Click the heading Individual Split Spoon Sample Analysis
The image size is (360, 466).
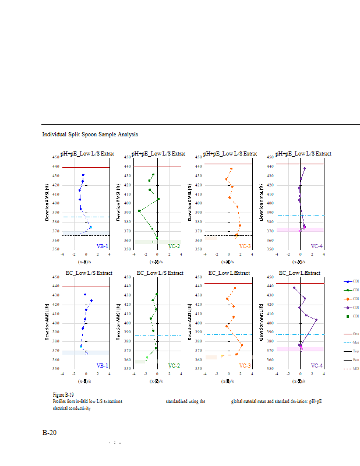(90, 135)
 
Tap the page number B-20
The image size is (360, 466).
(49, 433)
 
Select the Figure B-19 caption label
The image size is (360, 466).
(63, 395)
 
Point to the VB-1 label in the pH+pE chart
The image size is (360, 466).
(102, 246)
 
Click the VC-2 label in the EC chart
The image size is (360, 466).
(174, 365)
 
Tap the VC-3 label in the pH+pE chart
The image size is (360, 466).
(245, 246)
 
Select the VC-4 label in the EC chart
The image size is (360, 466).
(317, 365)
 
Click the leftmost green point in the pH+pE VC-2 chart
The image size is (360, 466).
(139, 211)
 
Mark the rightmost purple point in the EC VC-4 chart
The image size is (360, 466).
(316, 319)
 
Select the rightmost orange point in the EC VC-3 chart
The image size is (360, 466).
(242, 345)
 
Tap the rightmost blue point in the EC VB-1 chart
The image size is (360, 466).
(91, 301)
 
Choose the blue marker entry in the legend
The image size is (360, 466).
(348, 281)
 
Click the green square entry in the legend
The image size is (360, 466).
(348, 316)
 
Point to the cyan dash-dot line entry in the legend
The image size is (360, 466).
(348, 342)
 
